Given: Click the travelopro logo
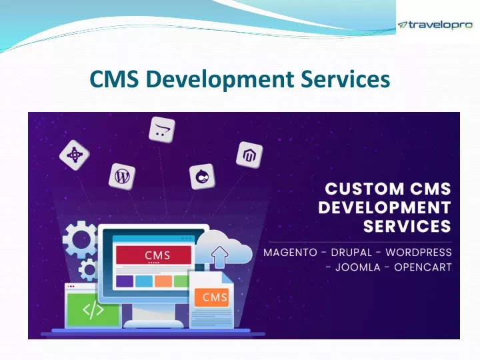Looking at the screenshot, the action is (x=435, y=25).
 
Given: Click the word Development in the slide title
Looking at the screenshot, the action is (x=220, y=79).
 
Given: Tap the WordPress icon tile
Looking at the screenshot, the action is (x=122, y=176).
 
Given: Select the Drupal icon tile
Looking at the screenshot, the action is (x=202, y=177).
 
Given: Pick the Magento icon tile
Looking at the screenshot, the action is (x=249, y=155).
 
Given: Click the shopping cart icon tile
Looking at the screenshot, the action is (x=162, y=129).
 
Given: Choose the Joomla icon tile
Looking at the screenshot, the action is (x=75, y=155).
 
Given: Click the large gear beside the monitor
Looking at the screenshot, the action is (x=80, y=239).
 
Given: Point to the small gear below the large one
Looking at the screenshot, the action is (x=89, y=270).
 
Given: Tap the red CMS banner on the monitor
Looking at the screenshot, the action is (x=154, y=255).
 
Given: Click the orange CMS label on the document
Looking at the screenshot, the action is (x=212, y=297).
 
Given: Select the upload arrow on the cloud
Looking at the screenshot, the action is (x=219, y=257).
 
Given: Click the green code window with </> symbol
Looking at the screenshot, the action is (x=93, y=309).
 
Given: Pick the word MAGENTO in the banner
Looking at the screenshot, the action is (x=290, y=253).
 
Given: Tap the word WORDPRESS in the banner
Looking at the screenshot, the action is (x=419, y=253).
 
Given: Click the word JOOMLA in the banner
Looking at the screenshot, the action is (x=358, y=267).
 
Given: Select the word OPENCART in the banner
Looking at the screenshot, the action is (x=423, y=267).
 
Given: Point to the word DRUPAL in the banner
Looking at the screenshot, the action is (x=351, y=253).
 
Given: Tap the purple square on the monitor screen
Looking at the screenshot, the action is (x=125, y=281).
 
